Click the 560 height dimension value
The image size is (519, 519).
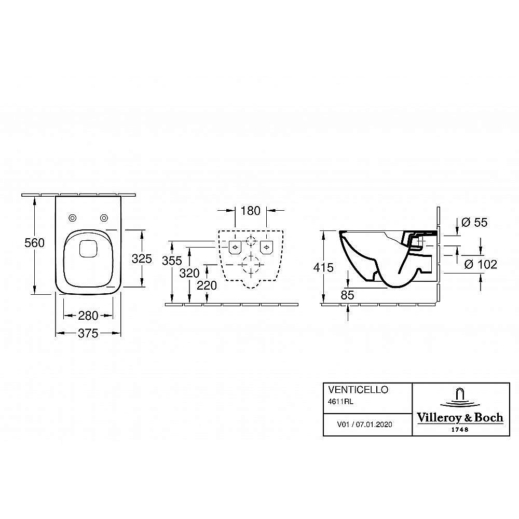point(34,243)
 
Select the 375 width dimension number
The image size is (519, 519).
point(88,333)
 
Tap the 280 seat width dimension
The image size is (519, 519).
point(88,316)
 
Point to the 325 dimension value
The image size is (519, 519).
point(142,258)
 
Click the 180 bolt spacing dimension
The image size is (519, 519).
point(251,211)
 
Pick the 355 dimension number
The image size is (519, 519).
point(172,261)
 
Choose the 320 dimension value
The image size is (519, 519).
point(189,273)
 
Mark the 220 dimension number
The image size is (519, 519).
point(207,285)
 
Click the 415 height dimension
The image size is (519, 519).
point(323,267)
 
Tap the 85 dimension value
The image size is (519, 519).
point(347,295)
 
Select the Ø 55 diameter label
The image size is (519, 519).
point(474,223)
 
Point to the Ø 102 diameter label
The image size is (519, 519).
point(481,264)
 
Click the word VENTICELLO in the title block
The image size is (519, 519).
point(358,390)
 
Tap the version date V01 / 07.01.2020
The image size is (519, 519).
point(364,425)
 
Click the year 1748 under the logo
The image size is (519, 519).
point(460,430)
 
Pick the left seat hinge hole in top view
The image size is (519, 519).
point(73,218)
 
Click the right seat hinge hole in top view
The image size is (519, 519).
point(104,218)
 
